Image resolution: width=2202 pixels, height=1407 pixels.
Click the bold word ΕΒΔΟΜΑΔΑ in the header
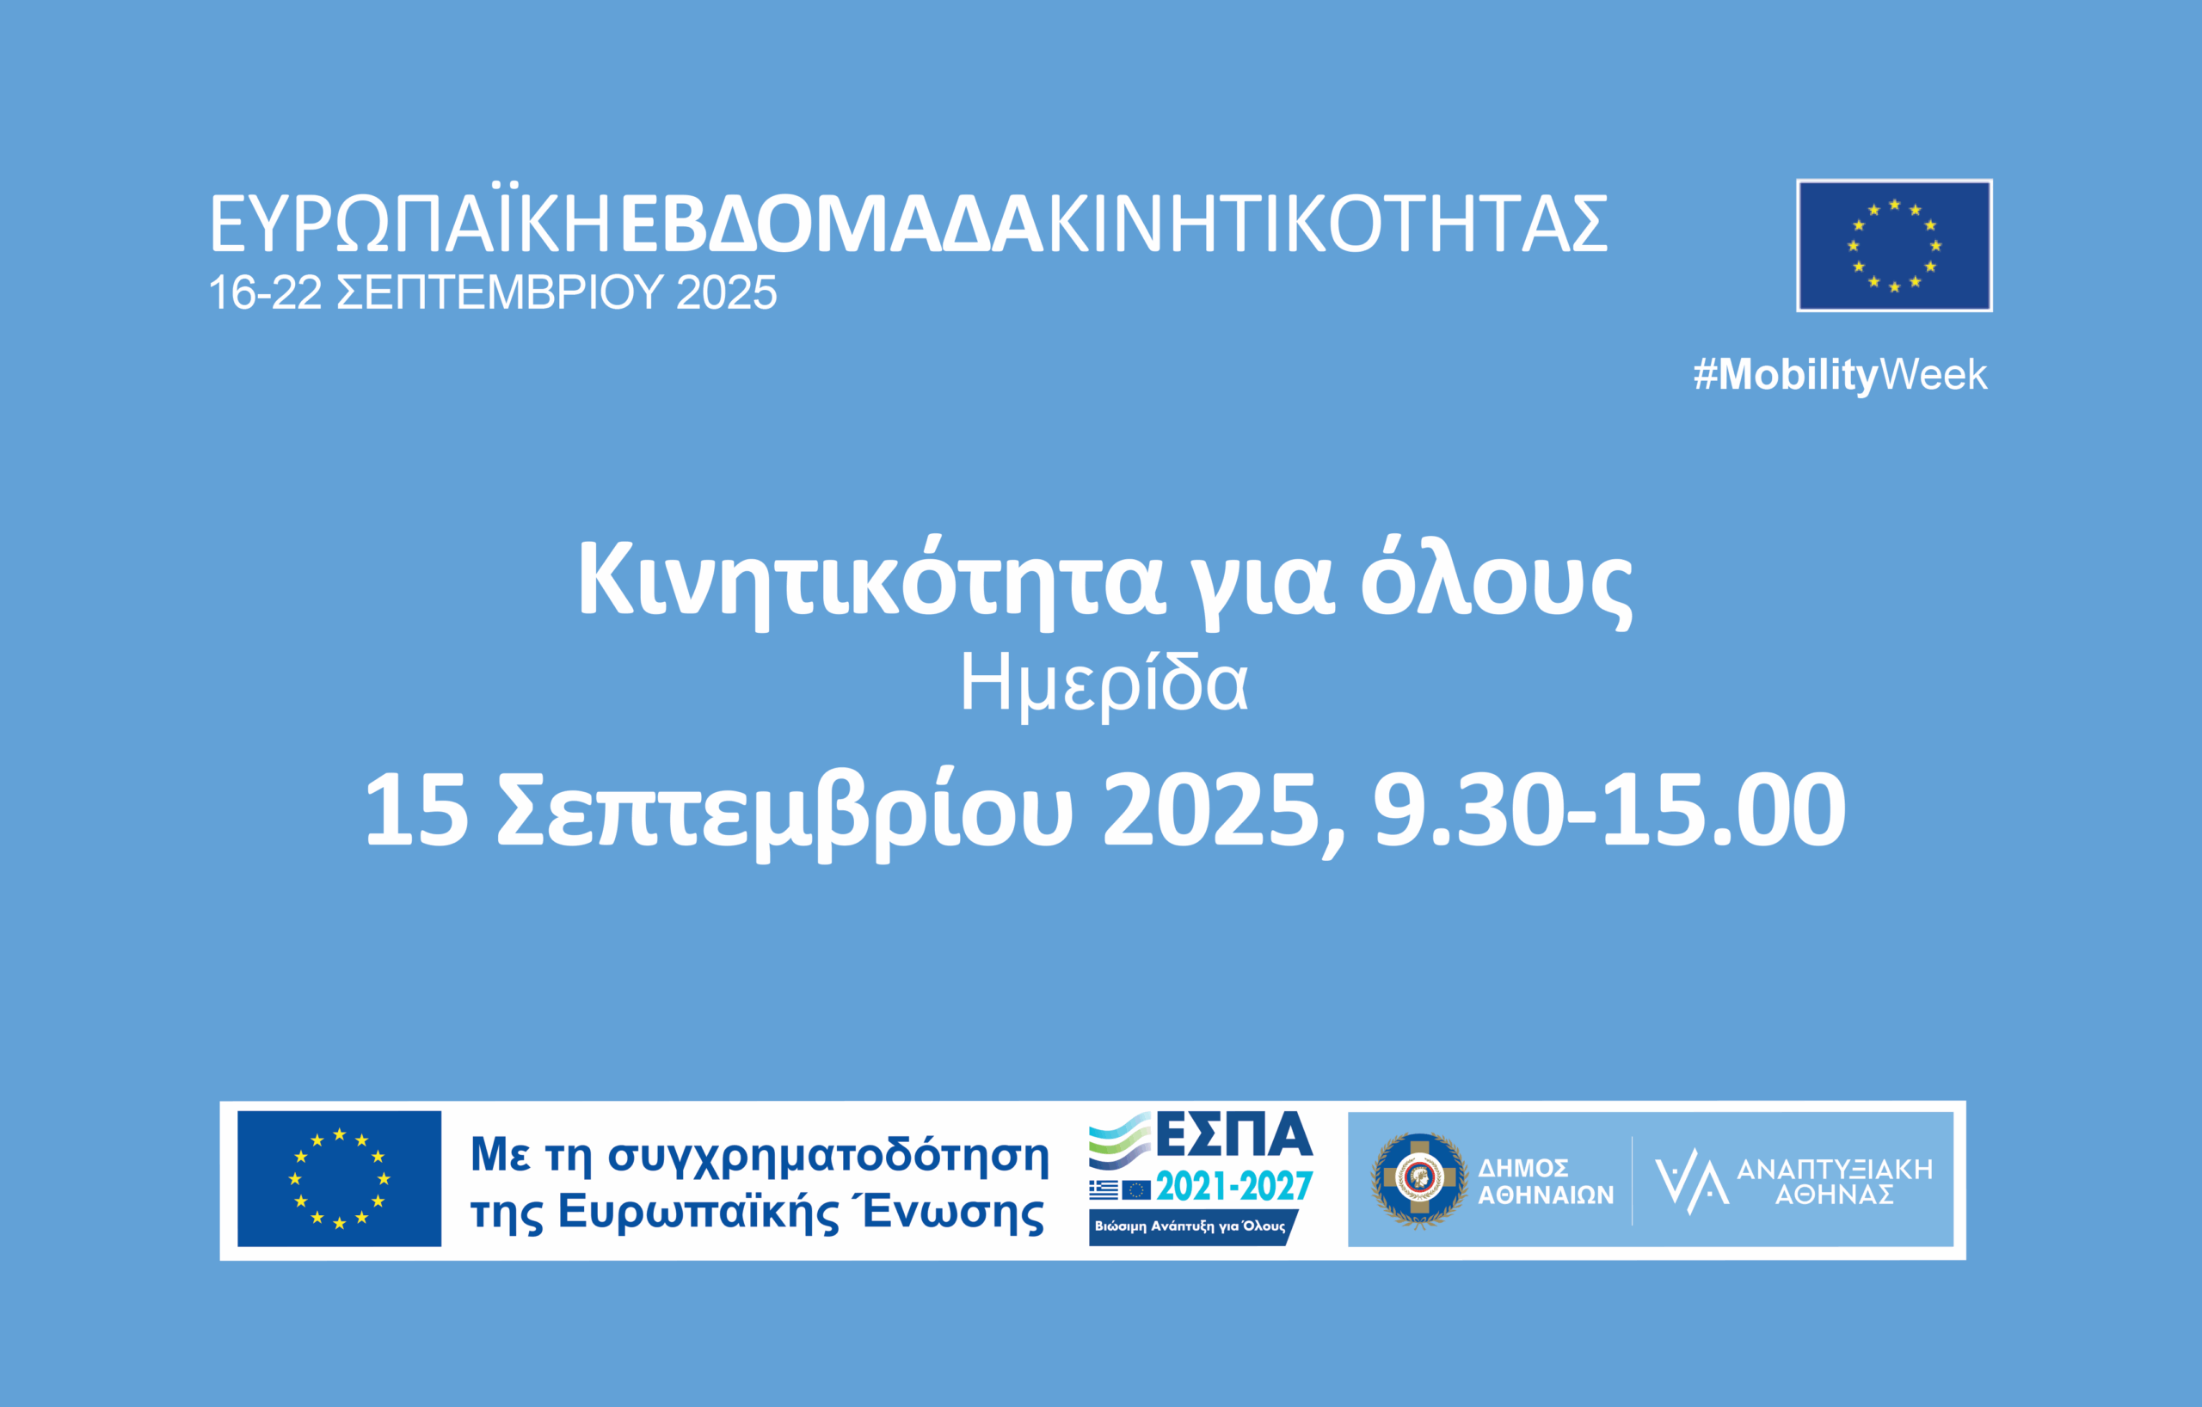pos(831,224)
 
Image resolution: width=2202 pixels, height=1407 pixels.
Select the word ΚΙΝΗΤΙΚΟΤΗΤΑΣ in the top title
pos(1327,224)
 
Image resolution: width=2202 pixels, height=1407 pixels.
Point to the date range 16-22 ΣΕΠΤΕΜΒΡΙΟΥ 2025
pos(493,292)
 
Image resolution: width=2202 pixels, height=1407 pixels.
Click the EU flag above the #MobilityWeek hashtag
pos(1894,245)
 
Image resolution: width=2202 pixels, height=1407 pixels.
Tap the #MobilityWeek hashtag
pos(1840,375)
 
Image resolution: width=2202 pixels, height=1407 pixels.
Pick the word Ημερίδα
pos(1103,684)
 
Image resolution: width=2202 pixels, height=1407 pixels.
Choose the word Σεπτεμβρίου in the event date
pos(784,814)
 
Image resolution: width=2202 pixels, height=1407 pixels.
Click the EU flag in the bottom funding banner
pos(339,1178)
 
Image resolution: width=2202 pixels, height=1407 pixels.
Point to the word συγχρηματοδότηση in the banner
pos(828,1157)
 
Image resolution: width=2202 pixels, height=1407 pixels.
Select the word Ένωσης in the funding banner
pos(953,1213)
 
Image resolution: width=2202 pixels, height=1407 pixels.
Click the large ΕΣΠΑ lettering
pos(1233,1134)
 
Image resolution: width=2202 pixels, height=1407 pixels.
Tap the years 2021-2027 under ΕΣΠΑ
pos(1233,1187)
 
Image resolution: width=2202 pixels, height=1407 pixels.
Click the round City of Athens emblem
pos(1418,1179)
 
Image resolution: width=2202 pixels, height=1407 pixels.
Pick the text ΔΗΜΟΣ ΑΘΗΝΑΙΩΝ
pos(1546,1181)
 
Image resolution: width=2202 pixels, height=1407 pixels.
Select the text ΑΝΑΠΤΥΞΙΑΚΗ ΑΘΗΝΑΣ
pos(1835,1181)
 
